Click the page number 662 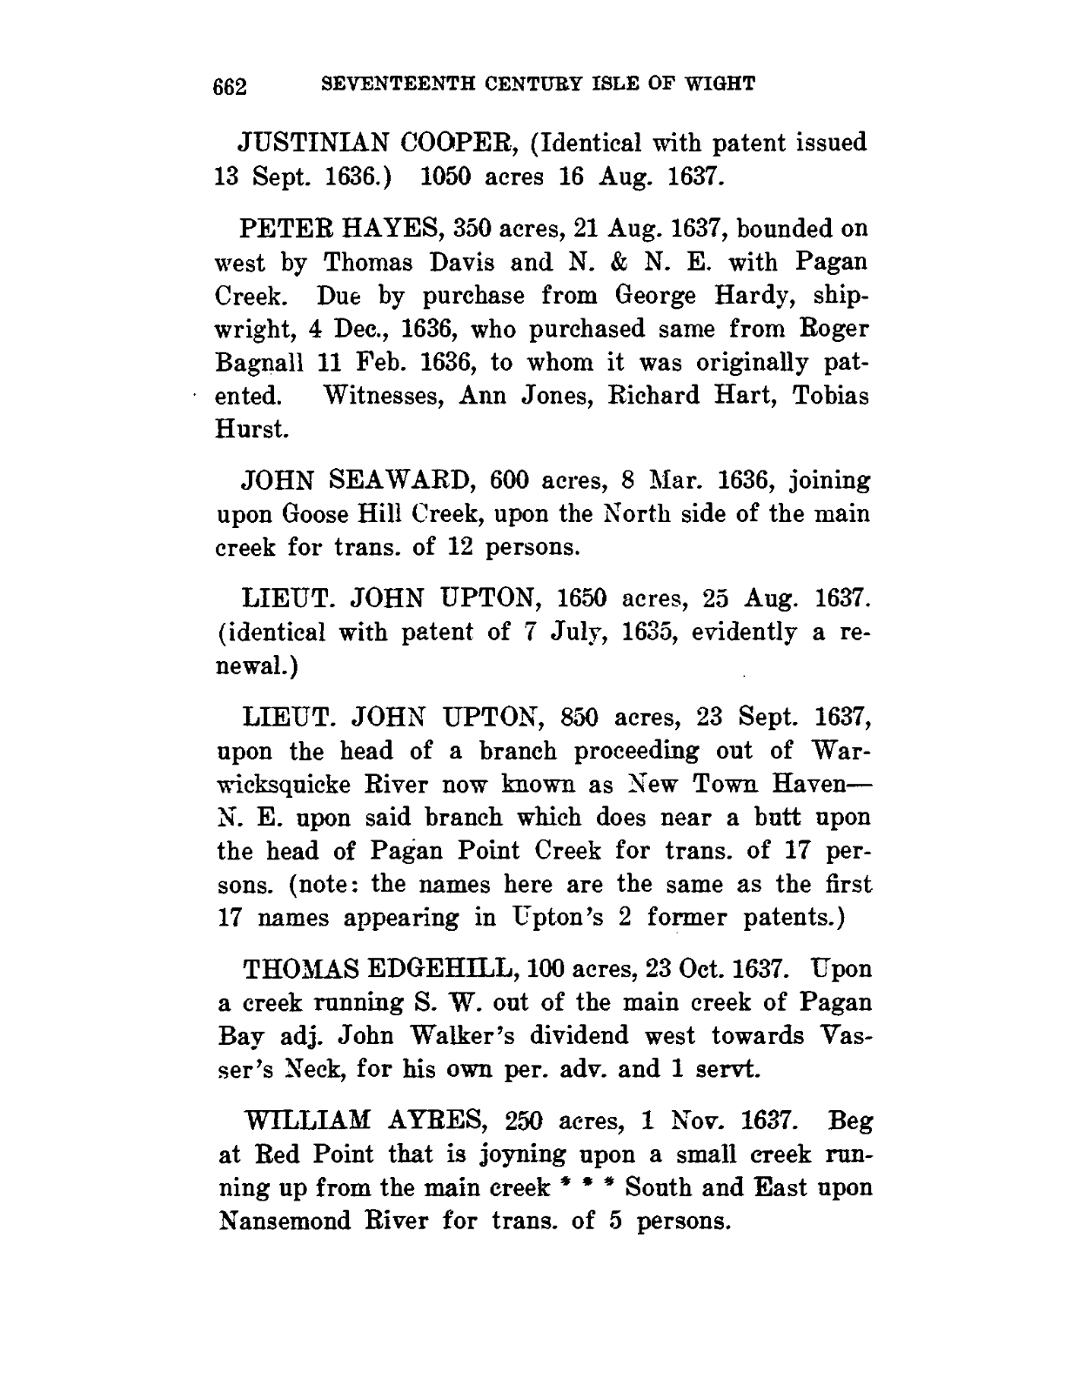pos(231,86)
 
